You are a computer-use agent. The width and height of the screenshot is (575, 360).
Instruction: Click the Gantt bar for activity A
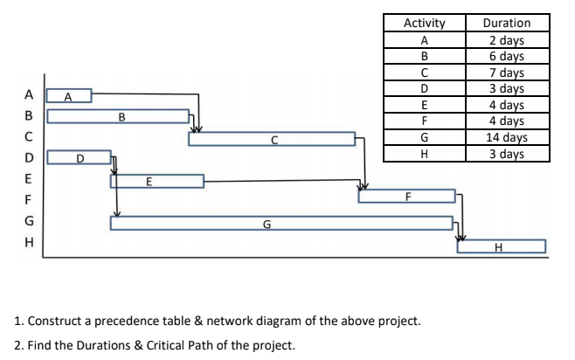[69, 94]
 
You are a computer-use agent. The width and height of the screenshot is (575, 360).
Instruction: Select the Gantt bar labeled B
[118, 116]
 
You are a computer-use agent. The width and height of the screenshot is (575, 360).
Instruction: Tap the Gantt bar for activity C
[272, 138]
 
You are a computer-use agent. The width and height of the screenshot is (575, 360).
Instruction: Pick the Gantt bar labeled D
[79, 159]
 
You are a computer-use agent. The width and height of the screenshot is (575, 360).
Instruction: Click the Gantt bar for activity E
[156, 181]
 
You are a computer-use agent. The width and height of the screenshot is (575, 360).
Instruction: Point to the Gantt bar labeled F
[406, 196]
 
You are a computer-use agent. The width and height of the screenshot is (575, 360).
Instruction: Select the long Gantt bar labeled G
[281, 224]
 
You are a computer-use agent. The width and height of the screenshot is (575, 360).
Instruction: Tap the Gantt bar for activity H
[501, 246]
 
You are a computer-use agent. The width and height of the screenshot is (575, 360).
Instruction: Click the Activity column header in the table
[424, 24]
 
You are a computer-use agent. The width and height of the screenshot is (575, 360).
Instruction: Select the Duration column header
[506, 24]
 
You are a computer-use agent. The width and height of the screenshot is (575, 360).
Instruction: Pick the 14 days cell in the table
[506, 138]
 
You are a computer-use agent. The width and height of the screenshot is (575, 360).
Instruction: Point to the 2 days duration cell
[506, 39]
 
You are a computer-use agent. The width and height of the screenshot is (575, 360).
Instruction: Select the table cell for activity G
[424, 138]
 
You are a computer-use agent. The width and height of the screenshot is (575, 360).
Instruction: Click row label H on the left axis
[29, 244]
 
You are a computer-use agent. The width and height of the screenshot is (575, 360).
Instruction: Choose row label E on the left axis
[29, 179]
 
